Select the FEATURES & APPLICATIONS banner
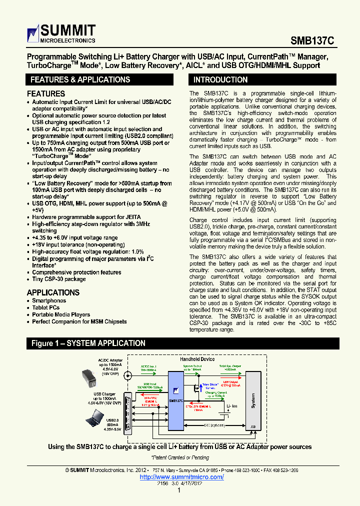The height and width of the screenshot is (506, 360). tap(80, 79)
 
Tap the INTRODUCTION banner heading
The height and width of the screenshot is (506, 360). tap(220, 79)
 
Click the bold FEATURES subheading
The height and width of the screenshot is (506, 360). tap(46, 93)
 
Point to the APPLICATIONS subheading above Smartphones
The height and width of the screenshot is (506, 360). tap(53, 292)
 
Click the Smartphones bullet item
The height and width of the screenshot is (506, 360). tap(49, 300)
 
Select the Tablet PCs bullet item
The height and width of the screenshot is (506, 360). tap(46, 307)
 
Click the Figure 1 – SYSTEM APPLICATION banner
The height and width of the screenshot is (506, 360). tap(88, 343)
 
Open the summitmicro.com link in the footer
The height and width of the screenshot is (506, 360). tap(181, 477)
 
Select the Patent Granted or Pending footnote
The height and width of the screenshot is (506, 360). tap(179, 457)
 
